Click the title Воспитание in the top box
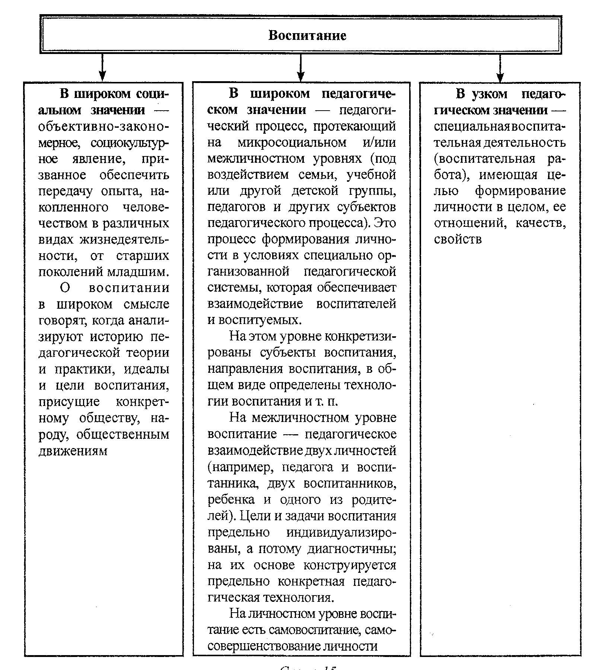tap(307, 35)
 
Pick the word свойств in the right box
tap(458, 239)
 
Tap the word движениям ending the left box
tap(73, 451)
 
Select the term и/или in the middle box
tap(379, 143)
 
